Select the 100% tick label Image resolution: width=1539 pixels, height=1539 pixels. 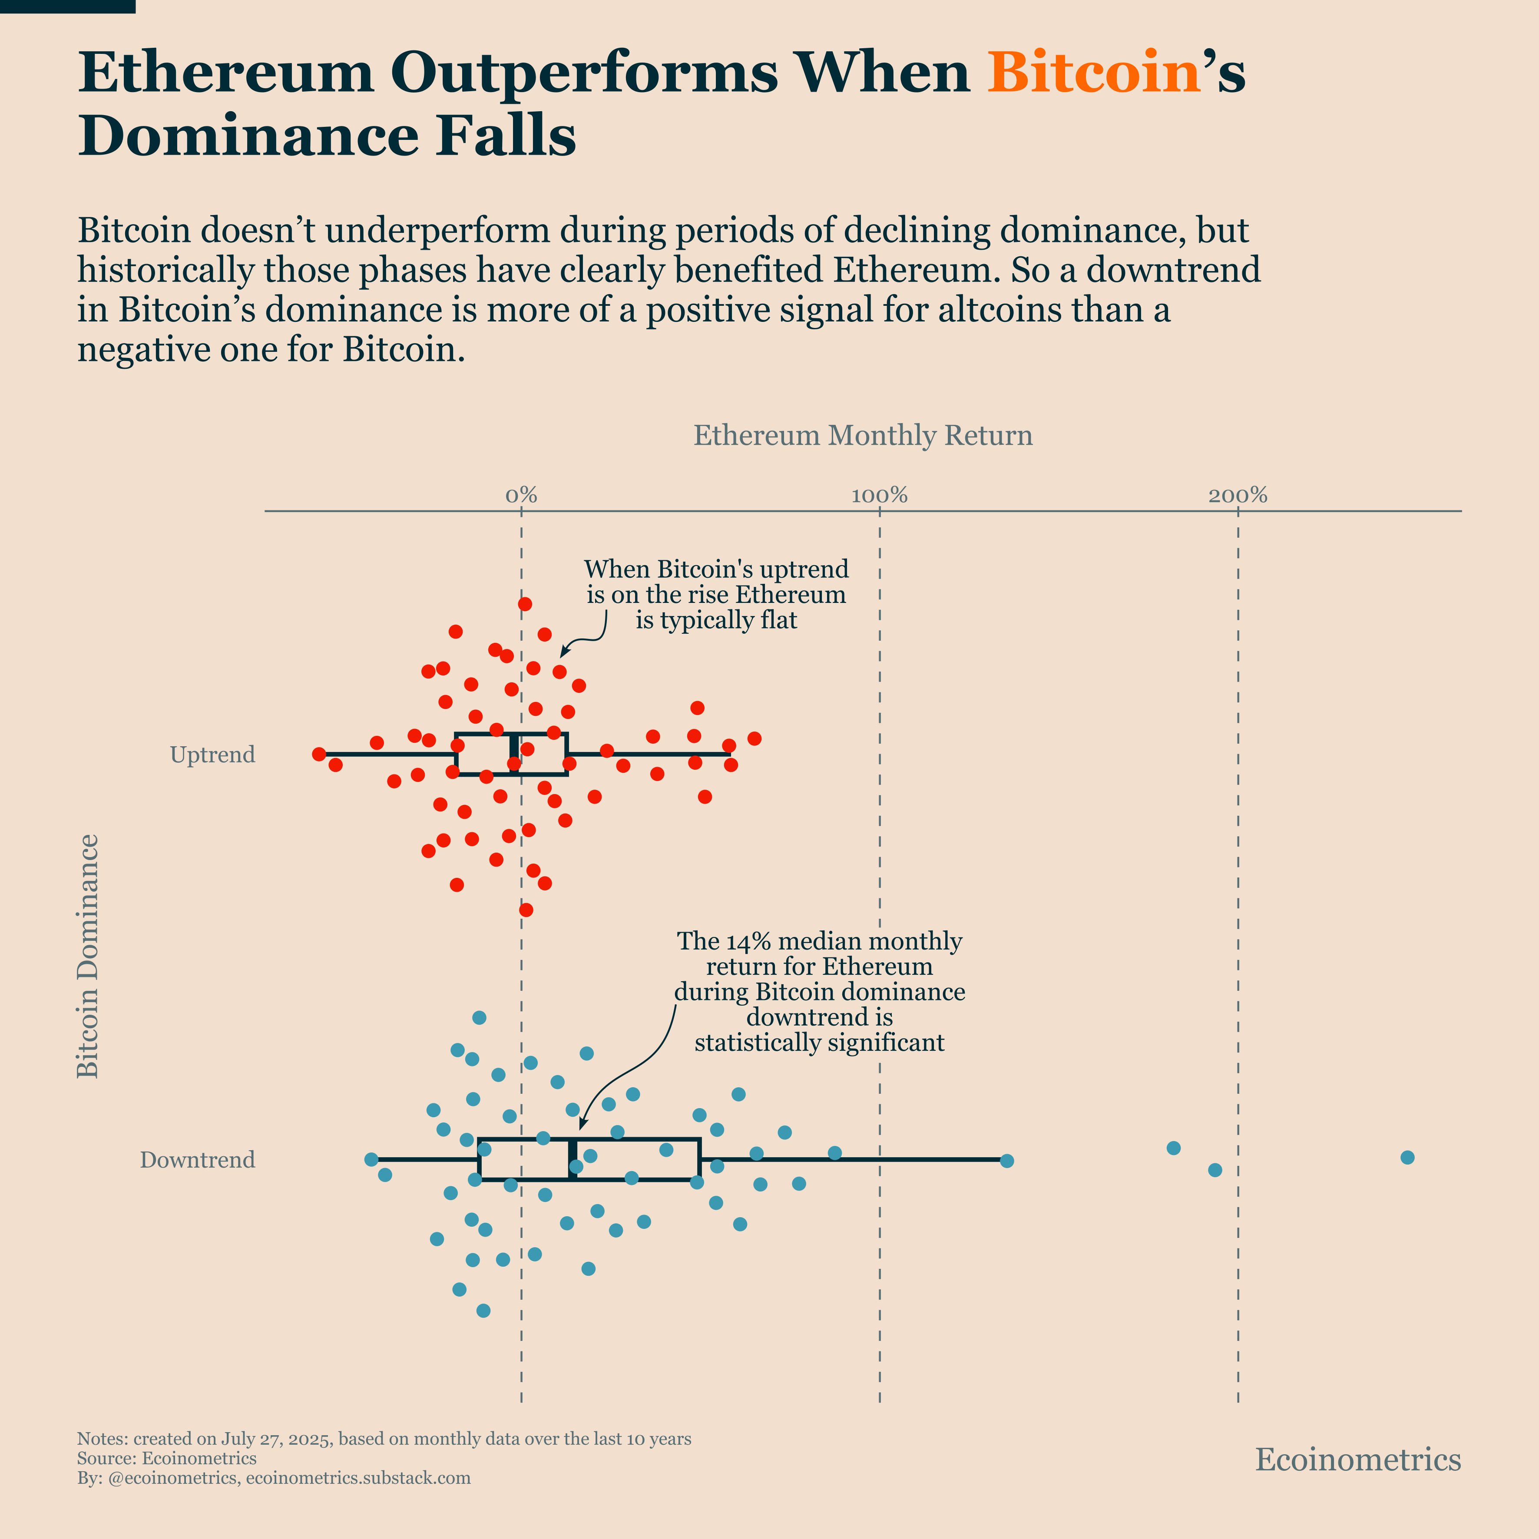pyautogui.click(x=880, y=496)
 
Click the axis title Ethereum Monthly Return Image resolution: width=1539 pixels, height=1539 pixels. pyautogui.click(x=863, y=436)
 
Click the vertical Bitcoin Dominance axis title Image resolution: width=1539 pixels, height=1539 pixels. pyautogui.click(x=88, y=956)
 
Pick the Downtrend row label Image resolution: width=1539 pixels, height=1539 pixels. pyautogui.click(x=198, y=1160)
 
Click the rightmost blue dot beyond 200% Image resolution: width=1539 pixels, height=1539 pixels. pyautogui.click(x=1407, y=1158)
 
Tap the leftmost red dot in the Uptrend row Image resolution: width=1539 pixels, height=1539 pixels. pyautogui.click(x=319, y=754)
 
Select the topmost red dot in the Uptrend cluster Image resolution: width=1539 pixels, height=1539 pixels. pyautogui.click(x=525, y=604)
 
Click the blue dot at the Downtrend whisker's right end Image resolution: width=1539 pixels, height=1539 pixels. pyautogui.click(x=1007, y=1161)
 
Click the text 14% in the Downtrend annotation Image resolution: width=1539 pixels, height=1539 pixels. pyautogui.click(x=749, y=942)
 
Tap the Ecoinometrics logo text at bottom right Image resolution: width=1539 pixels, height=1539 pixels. pyautogui.click(x=1358, y=1460)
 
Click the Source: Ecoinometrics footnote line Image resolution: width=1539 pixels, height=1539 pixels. pyautogui.click(x=166, y=1459)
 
